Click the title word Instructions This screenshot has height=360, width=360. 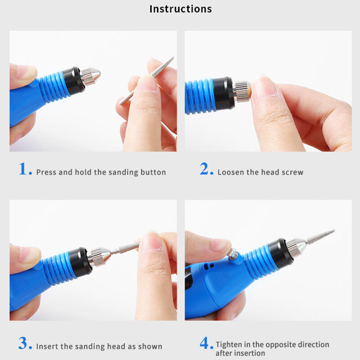tap(180, 9)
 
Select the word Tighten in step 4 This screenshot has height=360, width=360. tap(230, 345)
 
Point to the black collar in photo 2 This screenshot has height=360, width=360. tap(224, 94)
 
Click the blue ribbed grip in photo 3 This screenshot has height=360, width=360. tap(56, 268)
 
